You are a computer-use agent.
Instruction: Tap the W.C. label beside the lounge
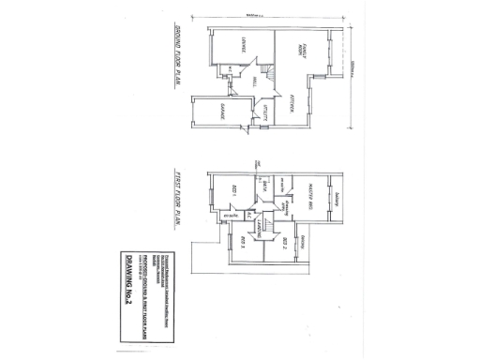231,72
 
